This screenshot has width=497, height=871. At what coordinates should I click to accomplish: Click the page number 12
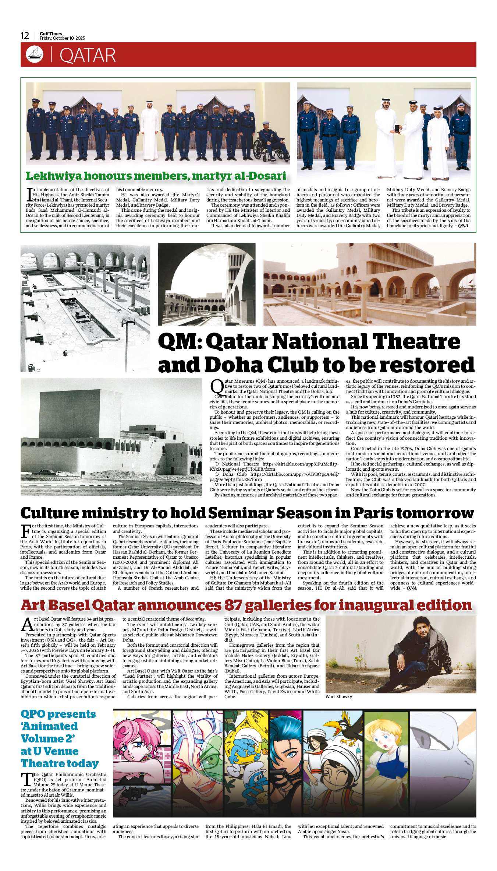[25, 36]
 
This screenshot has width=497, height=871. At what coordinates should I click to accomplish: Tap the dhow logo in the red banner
[35, 54]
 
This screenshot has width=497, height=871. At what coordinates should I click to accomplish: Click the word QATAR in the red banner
[88, 55]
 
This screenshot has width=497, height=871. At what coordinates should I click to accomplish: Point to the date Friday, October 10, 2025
[62, 38]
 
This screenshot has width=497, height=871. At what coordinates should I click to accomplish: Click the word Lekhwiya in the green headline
[53, 176]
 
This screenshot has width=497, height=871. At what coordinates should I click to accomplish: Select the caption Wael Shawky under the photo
[339, 697]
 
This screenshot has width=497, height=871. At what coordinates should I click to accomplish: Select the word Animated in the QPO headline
[49, 726]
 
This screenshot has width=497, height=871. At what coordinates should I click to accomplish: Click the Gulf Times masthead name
[51, 34]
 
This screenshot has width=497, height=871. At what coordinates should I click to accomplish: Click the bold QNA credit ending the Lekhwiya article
[463, 226]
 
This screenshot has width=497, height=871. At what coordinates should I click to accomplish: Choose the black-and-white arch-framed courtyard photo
[206, 284]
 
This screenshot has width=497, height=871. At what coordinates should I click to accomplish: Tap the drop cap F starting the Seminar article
[26, 531]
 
